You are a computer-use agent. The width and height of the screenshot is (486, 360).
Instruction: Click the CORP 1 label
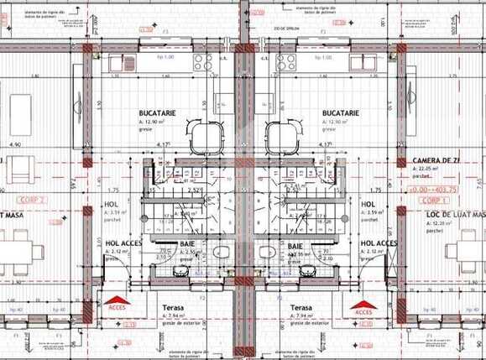pyautogui.click(x=433, y=202)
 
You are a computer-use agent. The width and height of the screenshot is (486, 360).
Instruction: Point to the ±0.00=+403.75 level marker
pyautogui.click(x=456, y=190)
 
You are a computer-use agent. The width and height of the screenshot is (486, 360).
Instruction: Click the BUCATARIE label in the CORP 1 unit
pyautogui.click(x=341, y=112)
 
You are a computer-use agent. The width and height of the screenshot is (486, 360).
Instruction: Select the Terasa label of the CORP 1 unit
pyautogui.click(x=302, y=308)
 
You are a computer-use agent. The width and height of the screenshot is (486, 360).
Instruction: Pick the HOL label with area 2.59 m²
pyautogui.click(x=368, y=205)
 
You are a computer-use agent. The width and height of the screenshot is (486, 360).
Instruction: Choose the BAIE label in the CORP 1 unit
pyautogui.click(x=295, y=246)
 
